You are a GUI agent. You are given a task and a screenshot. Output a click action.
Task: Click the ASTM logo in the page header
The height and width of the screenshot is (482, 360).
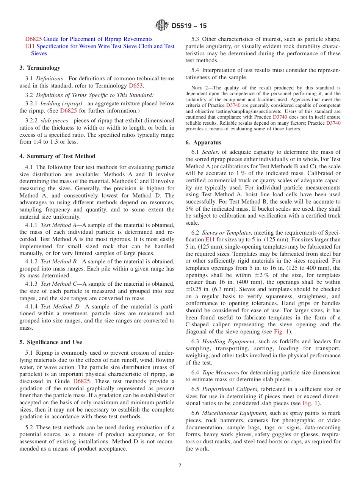[162, 26]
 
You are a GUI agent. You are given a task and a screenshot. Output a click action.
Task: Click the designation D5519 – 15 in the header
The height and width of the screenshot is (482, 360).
[189, 26]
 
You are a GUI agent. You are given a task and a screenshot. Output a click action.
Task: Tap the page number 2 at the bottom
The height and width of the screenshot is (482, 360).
[180, 466]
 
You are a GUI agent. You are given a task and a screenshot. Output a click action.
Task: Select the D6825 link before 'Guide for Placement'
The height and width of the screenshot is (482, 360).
[33, 39]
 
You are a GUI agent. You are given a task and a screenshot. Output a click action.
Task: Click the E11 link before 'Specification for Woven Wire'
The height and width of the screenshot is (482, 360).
[30, 46]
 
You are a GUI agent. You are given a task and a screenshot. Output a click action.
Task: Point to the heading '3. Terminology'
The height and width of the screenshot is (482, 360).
[40, 68]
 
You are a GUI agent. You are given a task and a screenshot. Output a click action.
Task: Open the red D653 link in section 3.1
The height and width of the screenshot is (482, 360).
[136, 86]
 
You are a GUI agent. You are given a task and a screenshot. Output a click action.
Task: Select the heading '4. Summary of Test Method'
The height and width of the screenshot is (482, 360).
[57, 156]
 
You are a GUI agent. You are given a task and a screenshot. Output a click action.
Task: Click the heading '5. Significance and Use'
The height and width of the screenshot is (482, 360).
[51, 342]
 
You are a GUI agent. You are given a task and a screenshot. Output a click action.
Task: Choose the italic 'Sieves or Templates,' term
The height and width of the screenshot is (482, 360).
[227, 233]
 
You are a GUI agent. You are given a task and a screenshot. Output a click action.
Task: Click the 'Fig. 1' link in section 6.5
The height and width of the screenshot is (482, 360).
[310, 403]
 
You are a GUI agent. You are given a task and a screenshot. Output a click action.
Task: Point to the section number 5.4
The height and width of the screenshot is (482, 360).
[195, 70]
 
